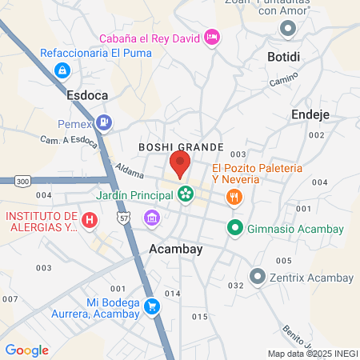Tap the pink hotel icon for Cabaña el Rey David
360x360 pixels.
tap(211, 36)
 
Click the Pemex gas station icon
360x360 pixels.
tap(103, 122)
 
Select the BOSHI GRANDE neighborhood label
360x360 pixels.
tap(175, 147)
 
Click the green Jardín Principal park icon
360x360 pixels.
tap(186, 194)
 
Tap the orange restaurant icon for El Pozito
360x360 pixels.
tap(234, 197)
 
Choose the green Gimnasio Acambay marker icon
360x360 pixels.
tap(235, 229)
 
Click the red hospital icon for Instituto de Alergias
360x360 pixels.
tap(90, 218)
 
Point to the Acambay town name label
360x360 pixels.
tap(176, 249)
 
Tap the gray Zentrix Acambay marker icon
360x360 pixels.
tap(257, 277)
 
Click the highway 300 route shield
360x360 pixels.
tap(23, 181)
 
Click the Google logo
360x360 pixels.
tap(26, 350)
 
